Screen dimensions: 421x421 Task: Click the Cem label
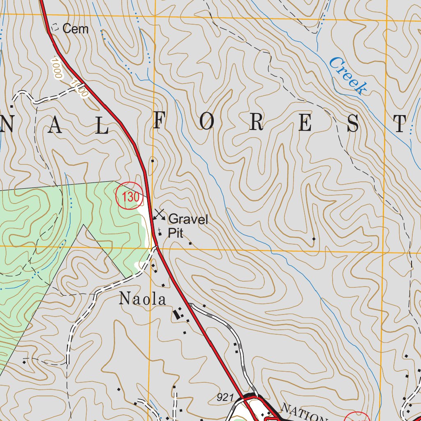pyautogui.click(x=75, y=29)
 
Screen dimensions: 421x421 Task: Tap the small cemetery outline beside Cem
pyautogui.click(x=55, y=28)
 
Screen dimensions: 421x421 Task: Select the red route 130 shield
pyautogui.click(x=130, y=197)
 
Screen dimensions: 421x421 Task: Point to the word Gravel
pyautogui.click(x=188, y=220)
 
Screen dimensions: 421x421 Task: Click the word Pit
pyautogui.click(x=175, y=234)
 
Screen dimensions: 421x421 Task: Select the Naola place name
pyautogui.click(x=142, y=299)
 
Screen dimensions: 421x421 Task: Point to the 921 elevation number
pyautogui.click(x=226, y=398)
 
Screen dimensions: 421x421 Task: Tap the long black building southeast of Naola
pyautogui.click(x=177, y=315)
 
